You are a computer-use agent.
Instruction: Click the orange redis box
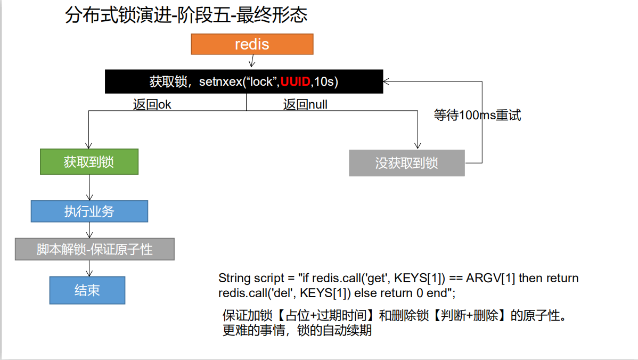click(252, 44)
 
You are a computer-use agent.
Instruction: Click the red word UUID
click(296, 82)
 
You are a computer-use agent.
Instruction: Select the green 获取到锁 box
click(89, 162)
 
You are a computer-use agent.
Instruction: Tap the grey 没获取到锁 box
click(406, 163)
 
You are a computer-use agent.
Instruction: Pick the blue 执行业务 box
click(89, 211)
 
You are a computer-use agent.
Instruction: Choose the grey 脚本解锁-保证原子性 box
click(94, 249)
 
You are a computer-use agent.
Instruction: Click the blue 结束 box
click(87, 290)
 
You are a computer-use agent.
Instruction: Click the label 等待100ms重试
click(477, 115)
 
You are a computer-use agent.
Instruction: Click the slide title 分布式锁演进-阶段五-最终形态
click(186, 15)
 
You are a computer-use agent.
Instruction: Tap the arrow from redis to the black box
click(252, 62)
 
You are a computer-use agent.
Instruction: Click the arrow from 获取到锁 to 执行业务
click(89, 187)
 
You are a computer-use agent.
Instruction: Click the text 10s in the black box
click(325, 82)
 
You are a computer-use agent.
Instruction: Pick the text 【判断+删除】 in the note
click(469, 315)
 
